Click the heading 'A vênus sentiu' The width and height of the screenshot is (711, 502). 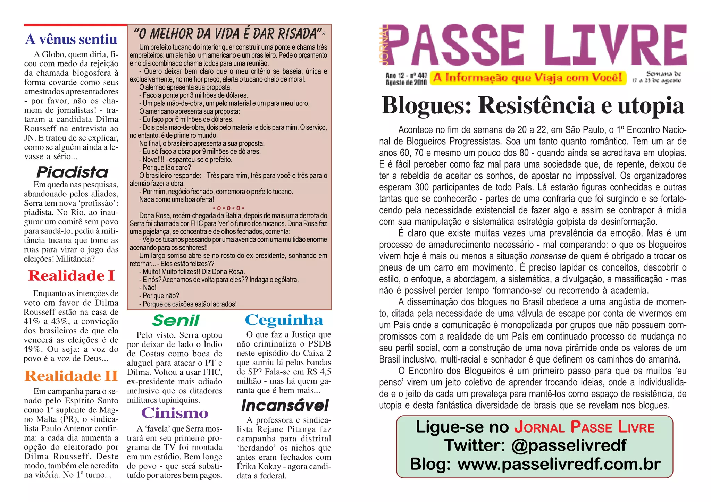point(71,39)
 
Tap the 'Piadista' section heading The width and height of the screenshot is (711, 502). point(73,172)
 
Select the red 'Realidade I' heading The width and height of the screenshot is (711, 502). point(71,276)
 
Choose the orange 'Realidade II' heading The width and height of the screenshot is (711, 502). point(71,376)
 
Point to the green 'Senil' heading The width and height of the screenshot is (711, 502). point(176,321)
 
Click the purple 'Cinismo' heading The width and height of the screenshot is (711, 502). point(175,413)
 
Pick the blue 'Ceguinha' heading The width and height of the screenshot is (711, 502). point(284,320)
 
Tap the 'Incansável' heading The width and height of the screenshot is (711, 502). point(285,405)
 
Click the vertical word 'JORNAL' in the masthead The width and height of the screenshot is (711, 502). point(384,45)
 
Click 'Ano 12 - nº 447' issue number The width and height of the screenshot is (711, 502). point(406,75)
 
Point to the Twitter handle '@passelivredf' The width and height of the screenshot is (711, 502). point(569,445)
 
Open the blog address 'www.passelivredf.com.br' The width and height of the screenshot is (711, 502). point(559,464)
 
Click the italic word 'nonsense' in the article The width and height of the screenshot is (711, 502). point(548,256)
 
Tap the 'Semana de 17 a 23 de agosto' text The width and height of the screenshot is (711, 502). point(656,77)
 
